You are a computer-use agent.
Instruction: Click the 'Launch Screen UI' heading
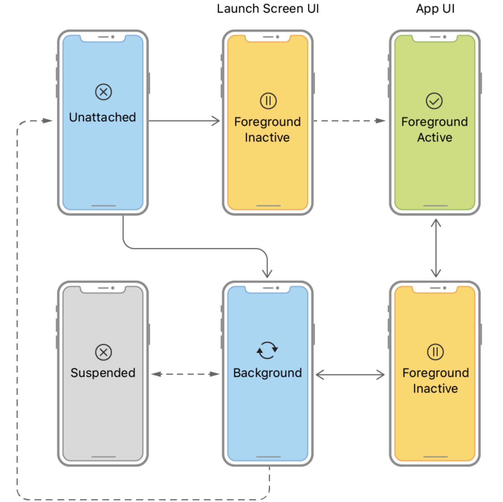(x=268, y=9)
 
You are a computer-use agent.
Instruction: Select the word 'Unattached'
(x=102, y=117)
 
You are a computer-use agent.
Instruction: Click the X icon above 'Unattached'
(x=103, y=92)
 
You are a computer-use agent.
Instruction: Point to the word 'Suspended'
(x=103, y=373)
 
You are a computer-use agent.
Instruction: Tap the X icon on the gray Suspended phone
(x=103, y=352)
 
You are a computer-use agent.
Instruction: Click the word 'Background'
(x=268, y=373)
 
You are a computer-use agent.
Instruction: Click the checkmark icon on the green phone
(x=434, y=101)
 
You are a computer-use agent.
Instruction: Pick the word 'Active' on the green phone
(x=435, y=137)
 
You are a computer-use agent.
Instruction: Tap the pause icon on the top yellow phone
(x=268, y=101)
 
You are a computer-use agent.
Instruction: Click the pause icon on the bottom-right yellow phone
(x=435, y=352)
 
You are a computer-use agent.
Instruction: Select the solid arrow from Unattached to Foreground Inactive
(x=184, y=121)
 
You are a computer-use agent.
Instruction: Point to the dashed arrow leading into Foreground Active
(x=349, y=121)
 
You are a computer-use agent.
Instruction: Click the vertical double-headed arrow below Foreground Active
(x=436, y=248)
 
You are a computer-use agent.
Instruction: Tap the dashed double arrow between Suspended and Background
(x=185, y=374)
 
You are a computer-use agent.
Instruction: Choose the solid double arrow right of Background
(x=350, y=375)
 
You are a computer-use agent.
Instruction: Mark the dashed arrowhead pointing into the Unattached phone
(x=47, y=121)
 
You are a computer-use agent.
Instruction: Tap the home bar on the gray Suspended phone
(x=103, y=457)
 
